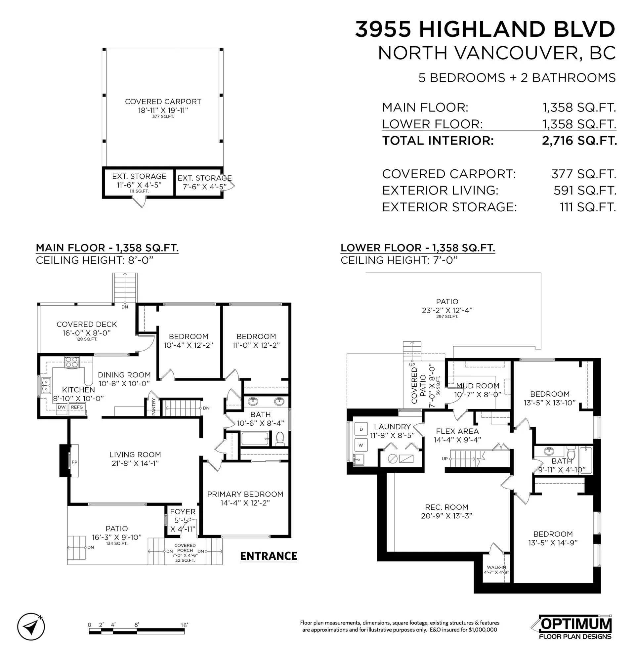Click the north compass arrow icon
(x=31, y=628)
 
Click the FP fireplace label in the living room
(x=74, y=462)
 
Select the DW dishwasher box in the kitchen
(x=62, y=407)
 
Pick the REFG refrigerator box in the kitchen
(x=77, y=407)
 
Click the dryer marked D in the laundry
(x=361, y=429)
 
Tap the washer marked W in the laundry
(x=361, y=445)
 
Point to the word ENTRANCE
(x=269, y=556)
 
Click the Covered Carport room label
(x=163, y=102)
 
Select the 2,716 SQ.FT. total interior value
(x=579, y=141)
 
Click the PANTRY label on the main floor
(x=154, y=407)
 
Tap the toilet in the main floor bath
(x=280, y=439)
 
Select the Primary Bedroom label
(x=245, y=494)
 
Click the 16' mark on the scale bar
(x=184, y=625)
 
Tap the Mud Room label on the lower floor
(x=478, y=386)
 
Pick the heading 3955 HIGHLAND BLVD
(x=485, y=29)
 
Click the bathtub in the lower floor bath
(x=585, y=460)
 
